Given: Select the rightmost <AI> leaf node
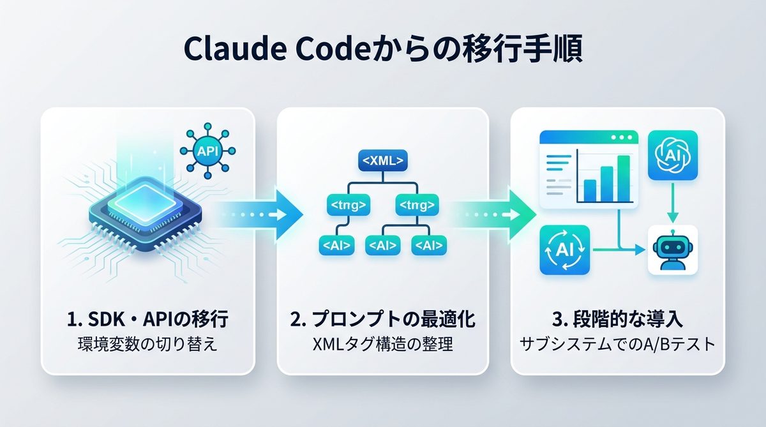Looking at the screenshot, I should (430, 245).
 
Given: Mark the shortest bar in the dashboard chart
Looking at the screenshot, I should (590, 189).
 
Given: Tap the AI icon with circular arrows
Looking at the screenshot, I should (565, 250).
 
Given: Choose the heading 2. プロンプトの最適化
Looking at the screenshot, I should (382, 320).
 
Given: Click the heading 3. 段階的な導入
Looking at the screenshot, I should (618, 320).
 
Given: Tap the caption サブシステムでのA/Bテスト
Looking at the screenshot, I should (618, 345).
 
